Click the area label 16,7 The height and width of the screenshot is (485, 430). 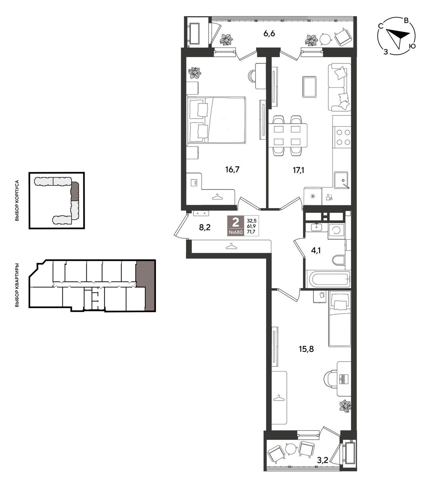[232, 169]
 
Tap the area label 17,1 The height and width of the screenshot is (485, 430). [298, 170]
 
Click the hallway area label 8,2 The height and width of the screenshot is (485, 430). [205, 227]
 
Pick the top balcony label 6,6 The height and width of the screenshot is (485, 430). [269, 34]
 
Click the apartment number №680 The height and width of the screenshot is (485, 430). [236, 232]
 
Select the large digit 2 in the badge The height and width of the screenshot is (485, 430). [236, 223]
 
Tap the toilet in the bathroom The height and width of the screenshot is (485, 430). [339, 260]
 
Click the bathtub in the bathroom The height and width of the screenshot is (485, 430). [328, 279]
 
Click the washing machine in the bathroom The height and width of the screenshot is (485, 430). [336, 231]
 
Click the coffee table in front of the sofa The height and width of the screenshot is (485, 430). [309, 87]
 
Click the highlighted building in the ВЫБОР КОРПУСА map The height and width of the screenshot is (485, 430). [75, 191]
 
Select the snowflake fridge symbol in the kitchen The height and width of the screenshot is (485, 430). [312, 197]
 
